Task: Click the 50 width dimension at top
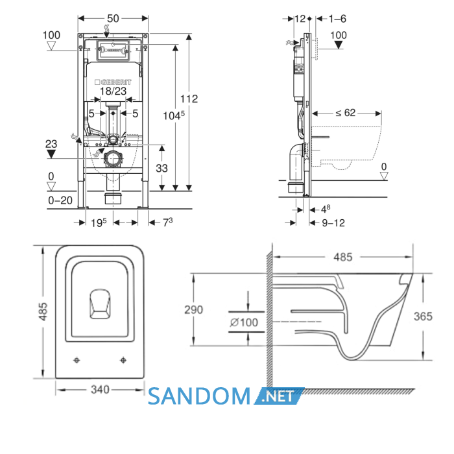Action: tap(113, 19)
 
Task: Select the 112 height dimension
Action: tap(189, 99)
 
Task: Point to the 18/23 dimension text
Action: tap(113, 91)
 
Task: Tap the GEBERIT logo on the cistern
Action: tap(113, 82)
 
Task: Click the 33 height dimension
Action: tap(161, 168)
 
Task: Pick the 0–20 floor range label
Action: tap(60, 200)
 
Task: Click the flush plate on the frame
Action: tap(113, 51)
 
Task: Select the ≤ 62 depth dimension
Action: tap(346, 113)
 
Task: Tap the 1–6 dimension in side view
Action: tap(337, 19)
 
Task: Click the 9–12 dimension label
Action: tap(333, 223)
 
